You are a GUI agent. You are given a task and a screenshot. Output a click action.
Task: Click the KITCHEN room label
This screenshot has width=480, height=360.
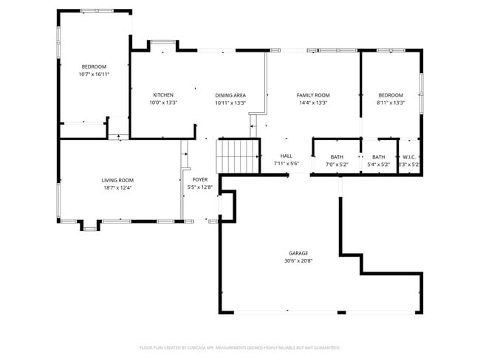(x=163, y=95)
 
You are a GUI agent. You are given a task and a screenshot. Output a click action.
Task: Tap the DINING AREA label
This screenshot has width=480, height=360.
(x=230, y=95)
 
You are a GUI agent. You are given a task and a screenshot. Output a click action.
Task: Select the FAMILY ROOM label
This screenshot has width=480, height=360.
(x=313, y=95)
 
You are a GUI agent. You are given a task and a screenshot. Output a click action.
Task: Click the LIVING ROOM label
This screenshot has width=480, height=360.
(x=117, y=180)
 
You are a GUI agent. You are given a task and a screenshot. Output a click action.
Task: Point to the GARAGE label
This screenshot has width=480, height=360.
(x=298, y=253)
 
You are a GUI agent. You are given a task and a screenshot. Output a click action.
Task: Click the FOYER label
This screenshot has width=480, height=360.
(x=201, y=180)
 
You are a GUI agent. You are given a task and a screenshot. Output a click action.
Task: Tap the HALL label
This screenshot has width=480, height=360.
(x=287, y=156)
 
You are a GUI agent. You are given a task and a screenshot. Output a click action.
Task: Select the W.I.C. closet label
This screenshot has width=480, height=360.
(x=410, y=156)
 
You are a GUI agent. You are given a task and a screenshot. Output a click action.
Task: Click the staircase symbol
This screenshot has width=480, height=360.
(x=237, y=156)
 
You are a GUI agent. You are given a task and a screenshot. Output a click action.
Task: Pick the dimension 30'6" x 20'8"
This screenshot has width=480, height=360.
(x=298, y=261)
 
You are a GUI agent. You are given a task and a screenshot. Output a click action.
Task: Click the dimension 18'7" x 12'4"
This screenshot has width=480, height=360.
(x=117, y=188)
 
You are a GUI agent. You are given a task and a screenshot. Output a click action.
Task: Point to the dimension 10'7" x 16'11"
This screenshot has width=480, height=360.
(x=94, y=75)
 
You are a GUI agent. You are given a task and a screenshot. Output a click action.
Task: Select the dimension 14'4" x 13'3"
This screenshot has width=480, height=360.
(x=313, y=103)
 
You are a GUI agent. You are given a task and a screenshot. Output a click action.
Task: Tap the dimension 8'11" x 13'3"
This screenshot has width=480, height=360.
(x=391, y=103)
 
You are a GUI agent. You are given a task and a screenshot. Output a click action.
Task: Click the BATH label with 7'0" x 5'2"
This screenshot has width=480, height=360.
(x=337, y=156)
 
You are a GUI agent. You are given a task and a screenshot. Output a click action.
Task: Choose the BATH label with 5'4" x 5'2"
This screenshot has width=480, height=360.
(x=378, y=156)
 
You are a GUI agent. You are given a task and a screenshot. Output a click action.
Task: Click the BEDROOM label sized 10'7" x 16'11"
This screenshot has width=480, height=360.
(x=94, y=66)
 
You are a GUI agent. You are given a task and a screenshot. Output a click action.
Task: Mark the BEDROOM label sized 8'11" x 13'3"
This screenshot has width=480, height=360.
(x=391, y=95)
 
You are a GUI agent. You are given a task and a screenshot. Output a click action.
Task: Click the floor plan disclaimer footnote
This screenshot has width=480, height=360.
(x=240, y=347)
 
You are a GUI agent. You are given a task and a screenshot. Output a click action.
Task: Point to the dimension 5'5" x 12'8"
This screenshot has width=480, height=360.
(x=201, y=188)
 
